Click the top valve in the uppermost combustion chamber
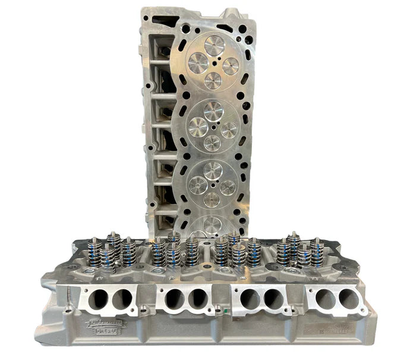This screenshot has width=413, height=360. tap(213, 45)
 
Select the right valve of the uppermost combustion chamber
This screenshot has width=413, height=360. tap(230, 65)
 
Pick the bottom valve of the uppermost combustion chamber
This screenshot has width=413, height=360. tap(212, 80)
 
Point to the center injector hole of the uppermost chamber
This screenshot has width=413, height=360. tap(215, 63)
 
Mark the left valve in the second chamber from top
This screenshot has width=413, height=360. tap(198, 126)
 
